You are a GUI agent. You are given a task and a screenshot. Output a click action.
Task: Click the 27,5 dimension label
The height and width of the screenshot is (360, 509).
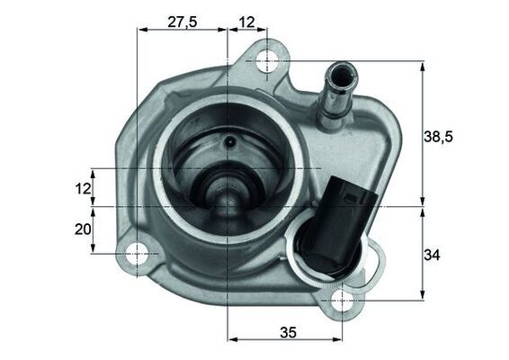(x=183, y=22)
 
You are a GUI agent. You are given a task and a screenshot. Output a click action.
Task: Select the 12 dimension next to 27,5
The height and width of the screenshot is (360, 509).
(x=248, y=22)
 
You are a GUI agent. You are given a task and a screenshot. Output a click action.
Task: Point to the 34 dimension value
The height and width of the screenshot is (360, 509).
(x=433, y=255)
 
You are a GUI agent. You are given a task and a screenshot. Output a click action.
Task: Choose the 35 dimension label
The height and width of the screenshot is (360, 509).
(x=287, y=332)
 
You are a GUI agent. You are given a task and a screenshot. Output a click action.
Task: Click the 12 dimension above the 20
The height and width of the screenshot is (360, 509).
(x=83, y=189)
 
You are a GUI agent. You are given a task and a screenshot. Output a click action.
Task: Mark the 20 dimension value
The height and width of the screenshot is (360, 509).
(x=83, y=229)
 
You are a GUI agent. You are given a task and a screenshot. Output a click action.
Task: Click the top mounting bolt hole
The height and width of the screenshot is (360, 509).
(x=268, y=61)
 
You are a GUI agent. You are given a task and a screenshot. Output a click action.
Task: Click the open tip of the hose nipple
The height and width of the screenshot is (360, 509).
(x=341, y=68)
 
